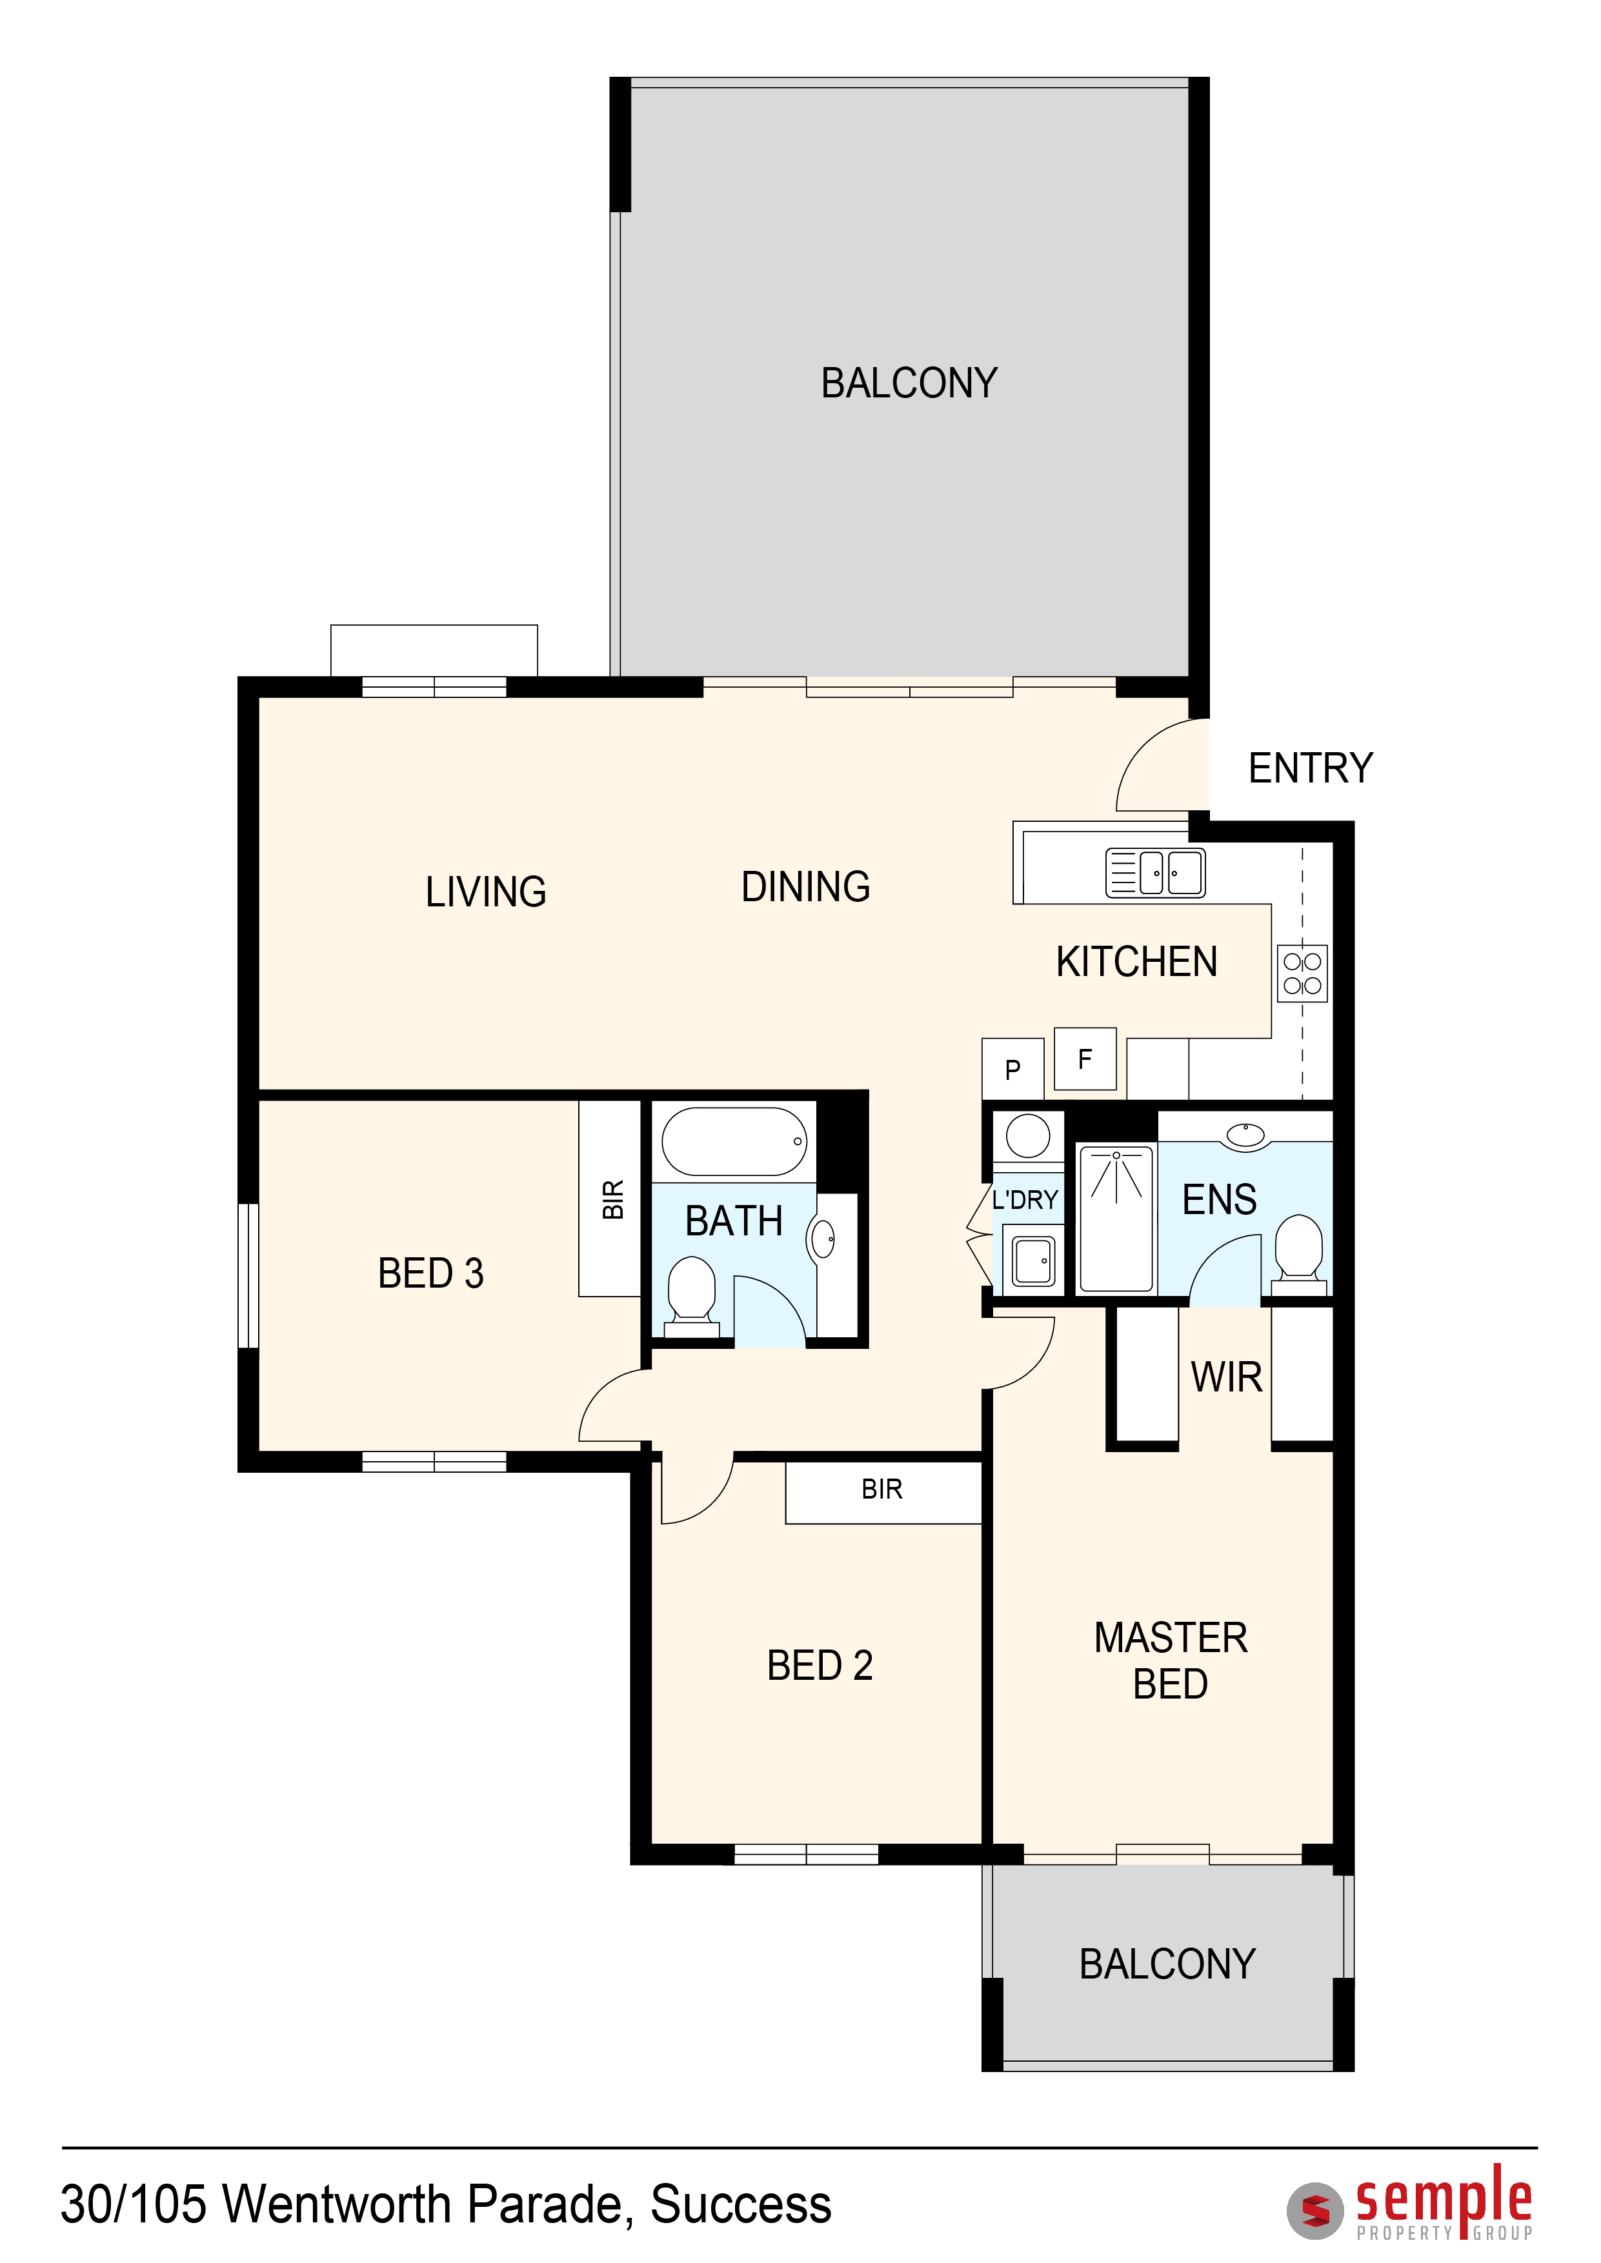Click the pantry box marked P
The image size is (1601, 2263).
point(1012,1068)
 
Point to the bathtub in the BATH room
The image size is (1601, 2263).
point(734,1141)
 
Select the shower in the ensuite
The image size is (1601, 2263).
point(1116,1218)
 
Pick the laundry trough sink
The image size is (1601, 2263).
point(1034,1261)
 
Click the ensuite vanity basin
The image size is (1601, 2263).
point(1246,1135)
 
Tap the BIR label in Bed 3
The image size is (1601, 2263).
point(613,1199)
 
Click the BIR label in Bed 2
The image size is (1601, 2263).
point(881,1490)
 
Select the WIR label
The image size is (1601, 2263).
point(1226,1378)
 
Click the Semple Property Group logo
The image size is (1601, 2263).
point(1411,2202)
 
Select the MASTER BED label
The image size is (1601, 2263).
point(1171,1660)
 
